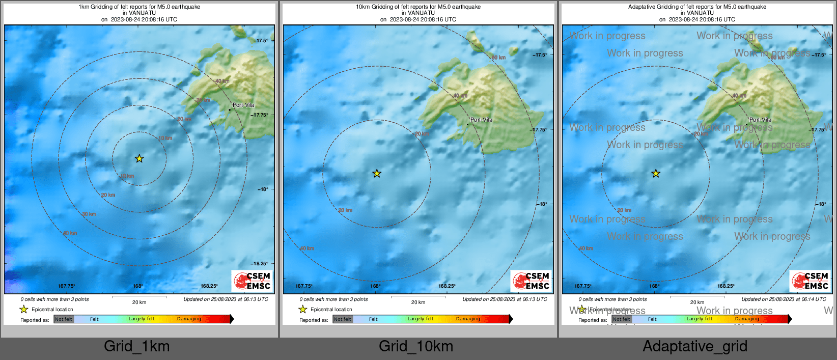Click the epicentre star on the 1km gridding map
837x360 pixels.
point(139,158)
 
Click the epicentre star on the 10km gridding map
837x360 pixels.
point(377,174)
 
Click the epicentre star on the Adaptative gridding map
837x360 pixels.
point(656,174)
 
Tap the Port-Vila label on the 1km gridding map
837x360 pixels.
point(243,105)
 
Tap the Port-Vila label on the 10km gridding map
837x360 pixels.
point(481,120)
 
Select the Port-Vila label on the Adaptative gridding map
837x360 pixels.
point(760,120)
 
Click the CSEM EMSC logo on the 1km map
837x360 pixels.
point(252,281)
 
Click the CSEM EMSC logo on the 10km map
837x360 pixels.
point(531,281)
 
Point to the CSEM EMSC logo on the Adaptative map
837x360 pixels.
point(810,281)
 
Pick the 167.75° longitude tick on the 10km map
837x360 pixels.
point(304,286)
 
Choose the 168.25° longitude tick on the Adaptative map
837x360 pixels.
point(726,286)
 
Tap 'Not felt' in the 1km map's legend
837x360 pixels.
point(64,319)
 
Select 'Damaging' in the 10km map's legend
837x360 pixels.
point(468,319)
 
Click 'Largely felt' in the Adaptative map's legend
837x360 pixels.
point(700,319)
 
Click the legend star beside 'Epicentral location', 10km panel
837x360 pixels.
point(303,309)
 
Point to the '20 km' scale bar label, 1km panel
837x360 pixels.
point(139,302)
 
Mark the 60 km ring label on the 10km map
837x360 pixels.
point(498,58)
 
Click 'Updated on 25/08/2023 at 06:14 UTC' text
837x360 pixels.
point(784,299)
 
